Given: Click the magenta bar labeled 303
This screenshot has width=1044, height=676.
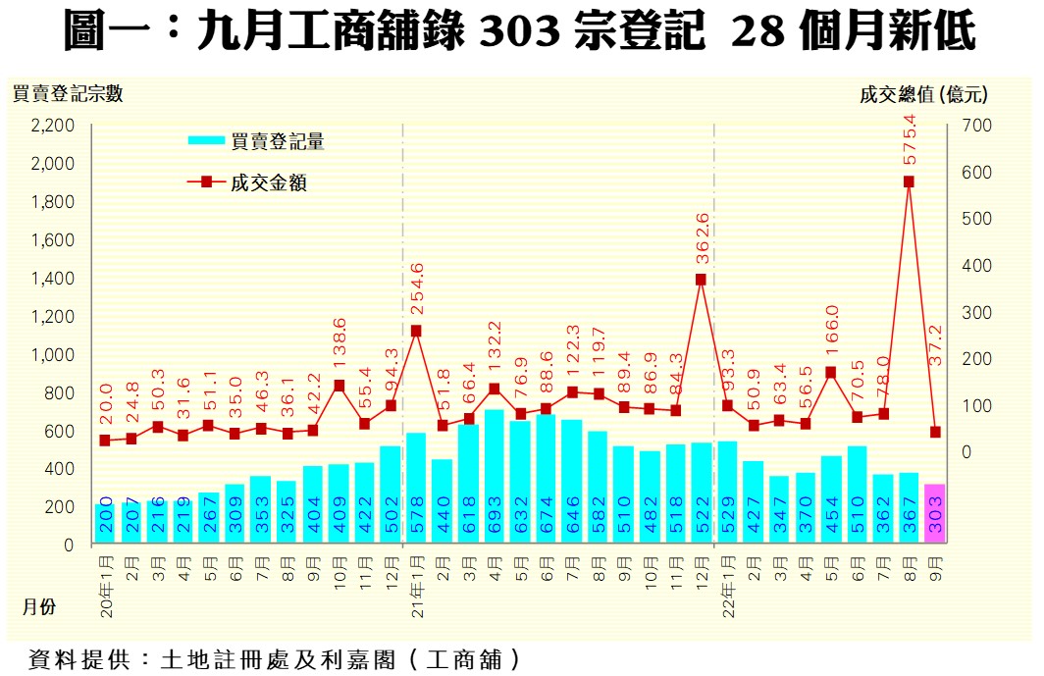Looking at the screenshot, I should click(934, 513).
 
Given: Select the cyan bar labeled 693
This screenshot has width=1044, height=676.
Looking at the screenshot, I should click(495, 476).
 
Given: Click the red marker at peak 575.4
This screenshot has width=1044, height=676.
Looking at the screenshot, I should click(909, 182).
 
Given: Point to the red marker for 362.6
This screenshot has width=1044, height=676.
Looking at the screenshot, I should click(701, 280).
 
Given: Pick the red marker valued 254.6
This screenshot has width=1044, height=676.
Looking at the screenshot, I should click(416, 332).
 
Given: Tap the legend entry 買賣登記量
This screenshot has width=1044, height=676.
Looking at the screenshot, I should click(278, 141).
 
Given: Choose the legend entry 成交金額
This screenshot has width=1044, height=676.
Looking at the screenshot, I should click(269, 182).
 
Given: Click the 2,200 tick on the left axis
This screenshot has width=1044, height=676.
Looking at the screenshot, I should click(53, 126).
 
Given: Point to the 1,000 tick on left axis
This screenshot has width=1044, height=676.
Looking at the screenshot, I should click(53, 355).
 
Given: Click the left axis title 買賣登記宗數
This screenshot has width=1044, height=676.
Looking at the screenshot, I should click(67, 94).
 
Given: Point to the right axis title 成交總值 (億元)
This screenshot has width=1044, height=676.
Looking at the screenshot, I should click(922, 94).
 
